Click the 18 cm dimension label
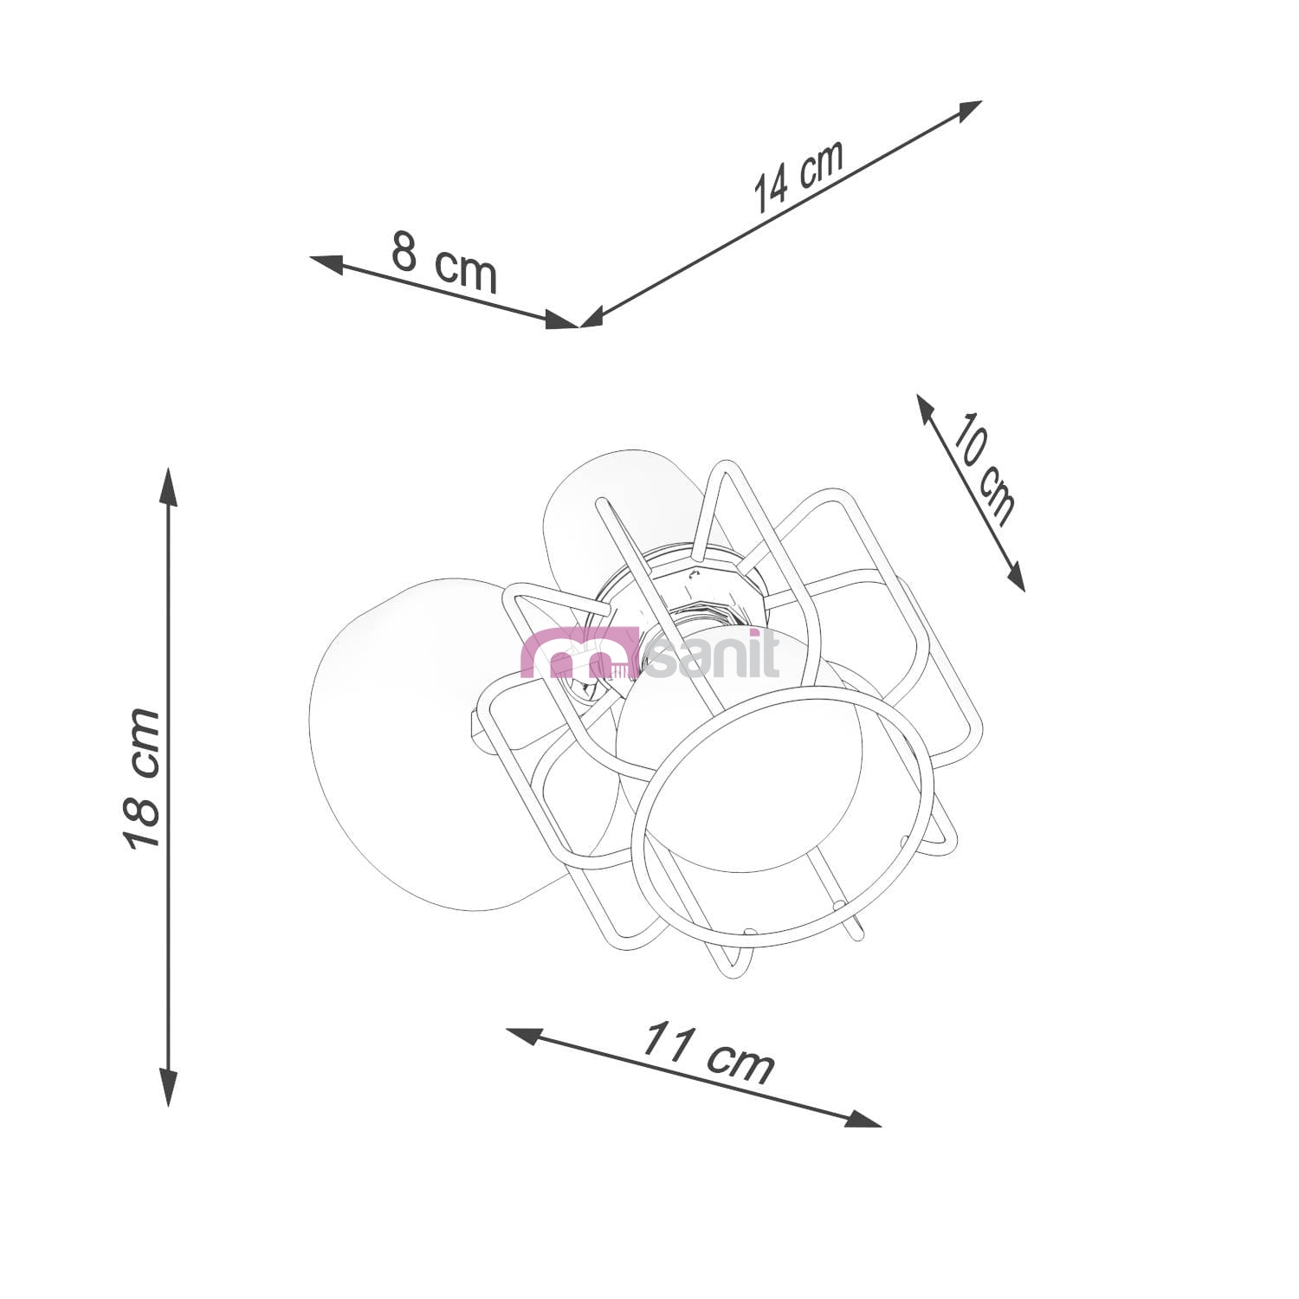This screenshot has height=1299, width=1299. coord(141,778)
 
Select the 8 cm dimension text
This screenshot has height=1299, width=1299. coord(444,262)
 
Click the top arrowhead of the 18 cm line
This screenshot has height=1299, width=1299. coord(169,487)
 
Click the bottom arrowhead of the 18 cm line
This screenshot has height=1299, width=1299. coord(169,1087)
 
